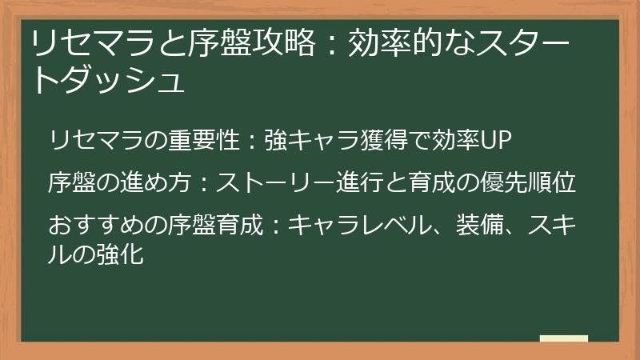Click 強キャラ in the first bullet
(308, 141)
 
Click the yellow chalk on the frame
(564, 339)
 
